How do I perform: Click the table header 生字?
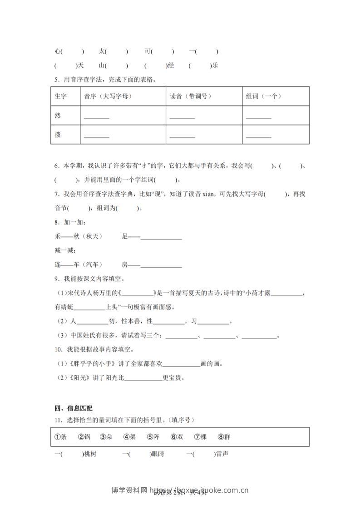click(60, 96)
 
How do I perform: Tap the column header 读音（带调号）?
click(191, 96)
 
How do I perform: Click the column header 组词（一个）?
click(264, 96)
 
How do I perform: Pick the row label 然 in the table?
click(57, 116)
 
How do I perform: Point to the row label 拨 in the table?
click(57, 135)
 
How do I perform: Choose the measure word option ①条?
click(60, 437)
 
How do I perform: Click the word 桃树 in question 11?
click(90, 454)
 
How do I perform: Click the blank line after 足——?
click(162, 238)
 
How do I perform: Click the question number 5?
click(56, 80)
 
